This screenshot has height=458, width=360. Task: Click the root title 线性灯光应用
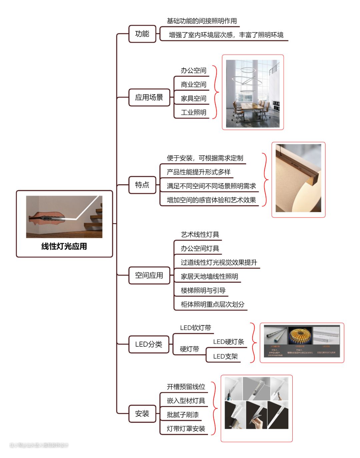point(64,246)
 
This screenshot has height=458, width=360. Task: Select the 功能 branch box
point(142,34)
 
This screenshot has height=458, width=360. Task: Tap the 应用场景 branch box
point(149,97)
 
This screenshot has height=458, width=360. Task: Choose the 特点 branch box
point(142,185)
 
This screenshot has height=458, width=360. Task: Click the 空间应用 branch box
point(149,275)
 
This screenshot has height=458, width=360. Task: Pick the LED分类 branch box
point(149,344)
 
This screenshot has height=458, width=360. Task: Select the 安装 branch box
point(142,414)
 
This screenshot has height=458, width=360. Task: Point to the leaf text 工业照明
point(193,112)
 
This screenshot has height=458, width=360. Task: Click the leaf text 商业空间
point(193,84)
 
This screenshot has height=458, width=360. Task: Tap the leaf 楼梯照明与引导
point(203,290)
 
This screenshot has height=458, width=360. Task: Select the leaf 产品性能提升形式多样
point(199,172)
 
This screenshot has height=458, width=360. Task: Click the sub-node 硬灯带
point(189,349)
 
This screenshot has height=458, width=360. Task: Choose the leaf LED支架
point(225,356)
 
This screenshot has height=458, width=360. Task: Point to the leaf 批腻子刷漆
point(183,415)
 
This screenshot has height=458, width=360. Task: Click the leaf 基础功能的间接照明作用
point(202,21)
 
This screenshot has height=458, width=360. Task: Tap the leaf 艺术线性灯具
point(200,234)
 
